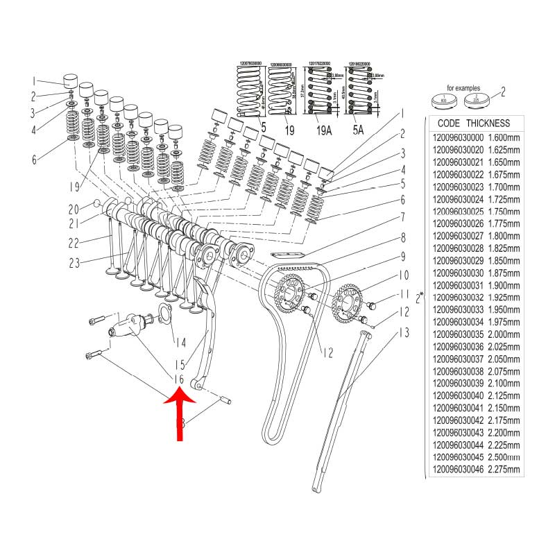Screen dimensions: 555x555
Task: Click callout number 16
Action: click(x=178, y=379)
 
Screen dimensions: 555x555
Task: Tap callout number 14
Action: click(x=180, y=342)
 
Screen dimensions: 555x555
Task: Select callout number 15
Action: click(x=179, y=364)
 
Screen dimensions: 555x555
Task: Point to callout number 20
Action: click(x=74, y=209)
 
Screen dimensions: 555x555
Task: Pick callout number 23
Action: click(x=74, y=262)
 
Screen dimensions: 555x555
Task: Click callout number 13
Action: click(x=402, y=334)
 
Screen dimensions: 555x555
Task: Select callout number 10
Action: click(x=402, y=275)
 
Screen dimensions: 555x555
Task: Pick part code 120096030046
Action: click(x=457, y=470)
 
